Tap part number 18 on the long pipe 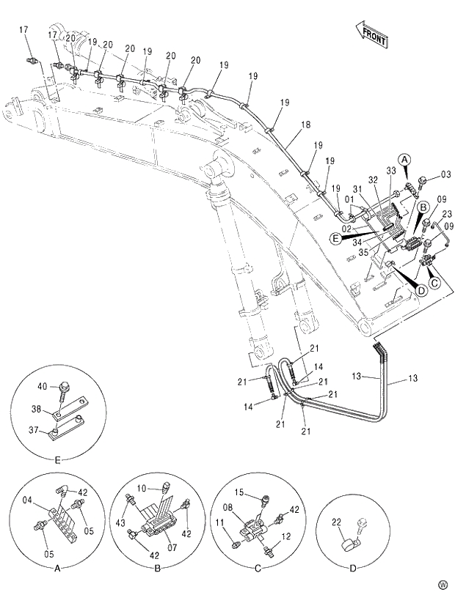tap(305, 125)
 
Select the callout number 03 tap(445, 174)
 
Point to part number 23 tap(445, 215)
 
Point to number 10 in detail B tap(145, 487)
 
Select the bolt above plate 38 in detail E tap(64, 387)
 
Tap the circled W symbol tap(443, 584)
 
